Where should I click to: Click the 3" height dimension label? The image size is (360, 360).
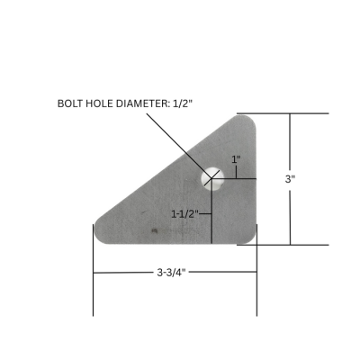(290, 179)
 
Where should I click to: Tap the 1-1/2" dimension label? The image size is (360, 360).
(189, 214)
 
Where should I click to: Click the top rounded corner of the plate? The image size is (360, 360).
(247, 121)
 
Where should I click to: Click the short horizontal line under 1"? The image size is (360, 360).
(236, 177)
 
